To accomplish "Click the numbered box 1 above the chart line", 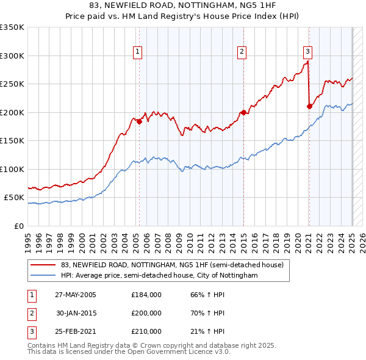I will [138, 52].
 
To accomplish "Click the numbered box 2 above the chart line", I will [242, 52].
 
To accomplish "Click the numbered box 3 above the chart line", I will [308, 52].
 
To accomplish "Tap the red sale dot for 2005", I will [139, 121].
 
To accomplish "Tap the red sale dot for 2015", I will [243, 112].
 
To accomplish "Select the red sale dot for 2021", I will [309, 106].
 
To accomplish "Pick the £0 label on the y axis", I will [18, 226].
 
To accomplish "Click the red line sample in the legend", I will [43, 265].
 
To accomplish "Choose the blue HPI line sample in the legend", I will [43, 276].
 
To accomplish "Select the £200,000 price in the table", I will [146, 313].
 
